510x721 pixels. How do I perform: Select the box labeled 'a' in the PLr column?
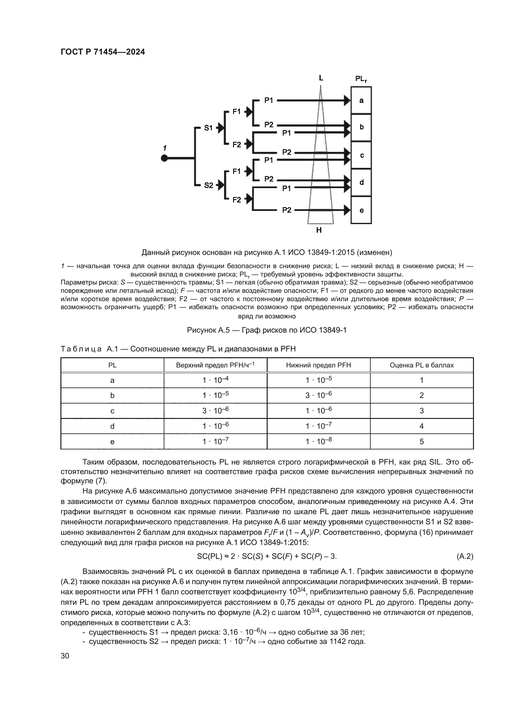[x=361, y=100]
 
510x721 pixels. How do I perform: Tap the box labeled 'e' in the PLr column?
[x=361, y=210]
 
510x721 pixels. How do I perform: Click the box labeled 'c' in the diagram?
[x=361, y=155]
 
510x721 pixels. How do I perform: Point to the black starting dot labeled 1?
[x=164, y=158]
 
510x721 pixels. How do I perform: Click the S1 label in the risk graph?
[x=208, y=128]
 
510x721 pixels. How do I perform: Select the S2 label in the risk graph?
[x=208, y=185]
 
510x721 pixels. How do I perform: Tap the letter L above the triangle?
[x=321, y=78]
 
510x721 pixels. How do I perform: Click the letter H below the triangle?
[x=319, y=230]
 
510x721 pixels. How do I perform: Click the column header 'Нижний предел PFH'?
[x=319, y=365]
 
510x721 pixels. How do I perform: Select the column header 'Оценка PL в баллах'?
[x=422, y=365]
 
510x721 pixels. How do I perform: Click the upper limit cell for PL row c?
[x=216, y=411]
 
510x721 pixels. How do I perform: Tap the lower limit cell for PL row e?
[x=319, y=441]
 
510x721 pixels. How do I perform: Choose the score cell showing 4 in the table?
[x=422, y=426]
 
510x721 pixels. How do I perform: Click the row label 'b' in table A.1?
[x=113, y=396]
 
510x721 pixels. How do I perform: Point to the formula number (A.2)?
[x=464, y=564]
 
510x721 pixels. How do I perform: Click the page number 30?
[x=65, y=656]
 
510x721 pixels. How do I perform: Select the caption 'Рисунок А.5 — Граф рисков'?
[x=267, y=330]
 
